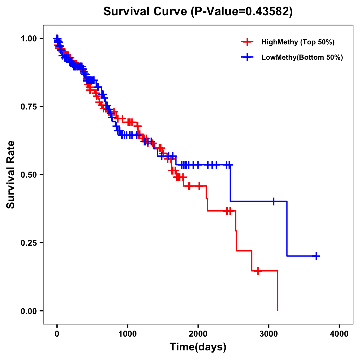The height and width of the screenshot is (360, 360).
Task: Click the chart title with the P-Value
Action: (198, 11)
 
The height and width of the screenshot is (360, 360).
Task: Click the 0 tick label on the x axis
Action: (57, 334)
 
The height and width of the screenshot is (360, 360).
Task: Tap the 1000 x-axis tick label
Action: (127, 334)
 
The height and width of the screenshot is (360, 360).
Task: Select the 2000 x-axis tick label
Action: (198, 334)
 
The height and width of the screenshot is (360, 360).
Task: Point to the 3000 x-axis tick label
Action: (269, 334)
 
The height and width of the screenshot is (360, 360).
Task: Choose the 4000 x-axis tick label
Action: (339, 334)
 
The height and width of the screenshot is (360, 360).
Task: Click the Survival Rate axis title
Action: (11, 175)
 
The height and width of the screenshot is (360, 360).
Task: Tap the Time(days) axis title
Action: (198, 347)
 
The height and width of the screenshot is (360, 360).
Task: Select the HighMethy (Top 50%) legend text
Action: (298, 42)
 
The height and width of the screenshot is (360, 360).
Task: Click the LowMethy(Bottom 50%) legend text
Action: (302, 57)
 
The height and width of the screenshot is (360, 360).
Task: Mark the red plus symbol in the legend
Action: (247, 42)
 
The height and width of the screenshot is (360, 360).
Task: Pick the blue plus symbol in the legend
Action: (247, 57)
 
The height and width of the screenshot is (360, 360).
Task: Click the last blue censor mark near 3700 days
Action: (316, 256)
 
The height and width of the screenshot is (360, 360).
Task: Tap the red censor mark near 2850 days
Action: (258, 271)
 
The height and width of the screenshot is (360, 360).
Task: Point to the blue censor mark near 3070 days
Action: (273, 201)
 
